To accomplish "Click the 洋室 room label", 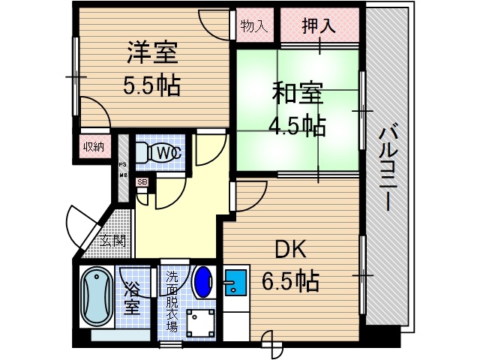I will [x=151, y=54].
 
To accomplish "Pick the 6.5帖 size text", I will [x=290, y=281].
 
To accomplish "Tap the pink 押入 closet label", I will [x=319, y=27].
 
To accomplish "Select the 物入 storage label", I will [x=254, y=27].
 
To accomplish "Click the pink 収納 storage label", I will [x=93, y=147].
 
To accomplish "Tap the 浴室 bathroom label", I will [x=131, y=298].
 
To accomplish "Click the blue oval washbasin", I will [x=202, y=283].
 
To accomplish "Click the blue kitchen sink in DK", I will [x=235, y=283].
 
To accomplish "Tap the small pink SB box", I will [x=142, y=182].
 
